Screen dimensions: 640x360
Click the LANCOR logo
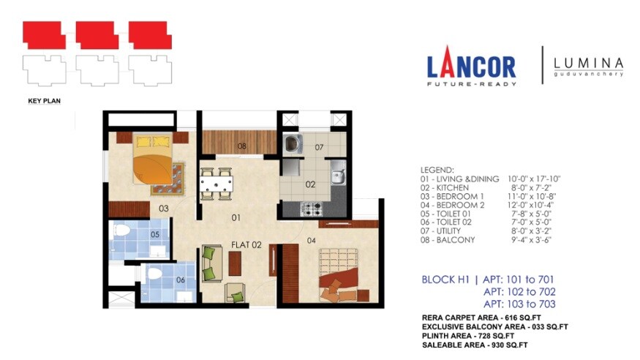[x=472, y=66]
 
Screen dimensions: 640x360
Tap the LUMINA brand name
[x=588, y=64]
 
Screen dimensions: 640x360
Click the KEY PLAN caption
[x=44, y=101]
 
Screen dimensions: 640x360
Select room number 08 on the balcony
[x=242, y=146]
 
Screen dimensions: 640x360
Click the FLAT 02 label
[x=246, y=245]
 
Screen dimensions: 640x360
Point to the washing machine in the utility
[x=293, y=143]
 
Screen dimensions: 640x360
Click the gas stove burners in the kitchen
[x=312, y=209]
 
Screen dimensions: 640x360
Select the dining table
[x=217, y=184]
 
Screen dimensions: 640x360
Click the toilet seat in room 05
[x=121, y=230]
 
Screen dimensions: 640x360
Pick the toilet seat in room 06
[x=154, y=273]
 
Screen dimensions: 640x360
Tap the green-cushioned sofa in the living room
[x=212, y=263]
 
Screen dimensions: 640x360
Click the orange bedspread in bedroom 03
[x=152, y=169]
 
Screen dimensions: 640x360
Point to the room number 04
[x=312, y=241]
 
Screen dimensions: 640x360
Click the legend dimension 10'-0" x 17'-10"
[x=534, y=179]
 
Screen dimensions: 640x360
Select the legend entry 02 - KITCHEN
[x=445, y=188]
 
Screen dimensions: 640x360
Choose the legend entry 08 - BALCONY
[x=448, y=240]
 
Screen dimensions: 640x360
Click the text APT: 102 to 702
[x=519, y=292]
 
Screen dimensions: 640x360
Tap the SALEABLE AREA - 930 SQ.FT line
[x=475, y=345]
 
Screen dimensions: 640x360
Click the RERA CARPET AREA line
[x=481, y=318]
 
